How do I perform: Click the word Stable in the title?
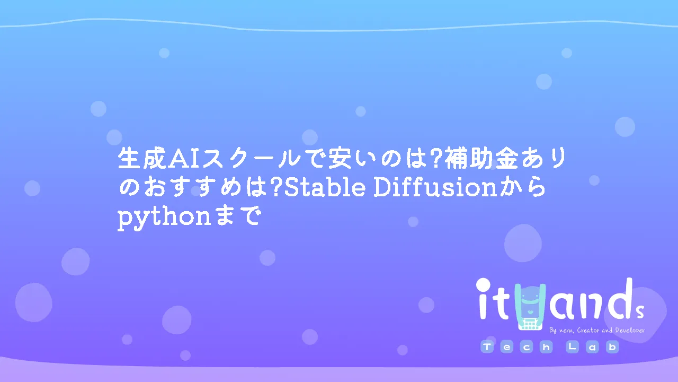tap(325, 188)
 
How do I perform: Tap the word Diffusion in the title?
tap(435, 187)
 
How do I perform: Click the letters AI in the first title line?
tap(184, 159)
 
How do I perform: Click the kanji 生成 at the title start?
tap(142, 158)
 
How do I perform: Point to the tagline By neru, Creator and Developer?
tap(597, 330)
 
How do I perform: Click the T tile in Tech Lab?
tap(487, 347)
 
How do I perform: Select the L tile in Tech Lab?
tap(572, 347)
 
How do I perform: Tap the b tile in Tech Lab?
tap(612, 347)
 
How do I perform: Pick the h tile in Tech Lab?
tap(546, 347)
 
